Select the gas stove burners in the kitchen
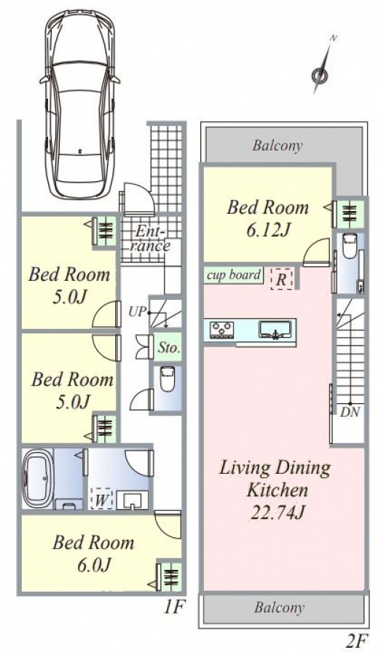(221, 329)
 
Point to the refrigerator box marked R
(281, 279)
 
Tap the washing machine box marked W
(100, 499)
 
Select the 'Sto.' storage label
(169, 348)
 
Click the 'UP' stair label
(136, 311)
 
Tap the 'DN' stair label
(350, 412)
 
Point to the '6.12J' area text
(268, 229)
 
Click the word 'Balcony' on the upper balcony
(277, 146)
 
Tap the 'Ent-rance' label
(151, 238)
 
